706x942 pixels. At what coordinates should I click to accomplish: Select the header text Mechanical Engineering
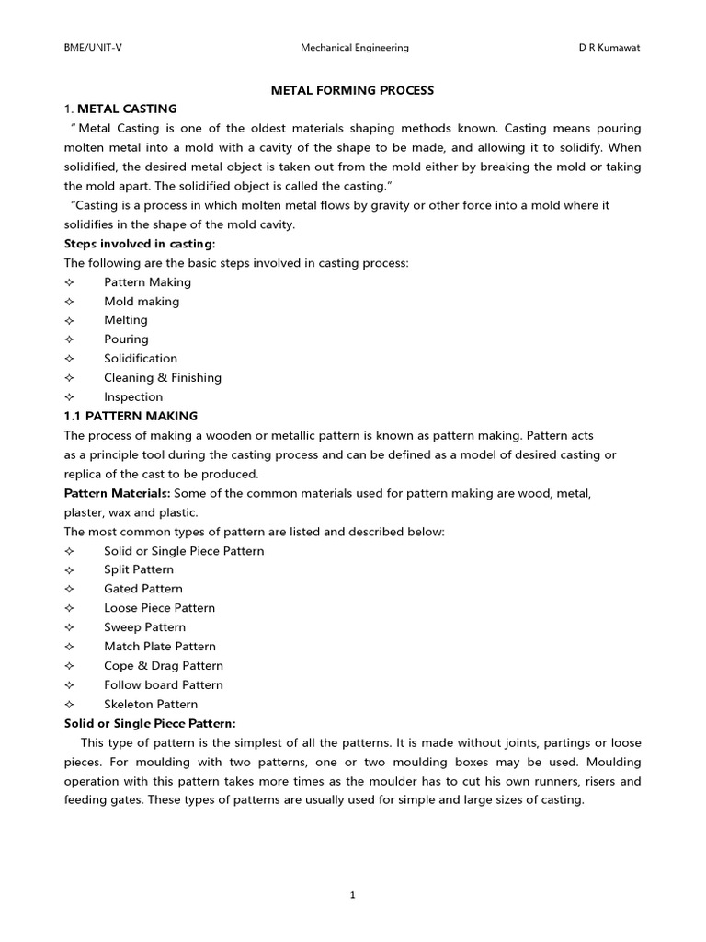[x=355, y=48]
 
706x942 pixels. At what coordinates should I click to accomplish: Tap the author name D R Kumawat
[x=603, y=48]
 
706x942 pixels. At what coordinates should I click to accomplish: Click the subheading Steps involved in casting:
[x=140, y=244]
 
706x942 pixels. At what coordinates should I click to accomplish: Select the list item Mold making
[x=142, y=302]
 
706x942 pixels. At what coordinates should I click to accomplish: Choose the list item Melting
[x=126, y=320]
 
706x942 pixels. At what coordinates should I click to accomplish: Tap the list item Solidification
[x=141, y=359]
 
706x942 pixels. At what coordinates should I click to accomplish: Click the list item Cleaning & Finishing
[x=163, y=378]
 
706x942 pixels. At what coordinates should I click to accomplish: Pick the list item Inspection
[x=133, y=397]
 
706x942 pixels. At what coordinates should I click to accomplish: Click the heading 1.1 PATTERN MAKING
[x=131, y=417]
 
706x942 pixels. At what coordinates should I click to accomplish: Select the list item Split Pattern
[x=139, y=570]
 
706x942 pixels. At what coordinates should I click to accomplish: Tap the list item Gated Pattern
[x=143, y=589]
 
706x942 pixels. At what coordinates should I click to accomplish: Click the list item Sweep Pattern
[x=144, y=627]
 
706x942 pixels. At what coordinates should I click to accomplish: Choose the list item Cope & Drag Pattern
[x=164, y=666]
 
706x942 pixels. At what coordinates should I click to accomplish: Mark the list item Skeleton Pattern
[x=151, y=705]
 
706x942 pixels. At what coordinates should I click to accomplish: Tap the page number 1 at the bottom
[x=353, y=898]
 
